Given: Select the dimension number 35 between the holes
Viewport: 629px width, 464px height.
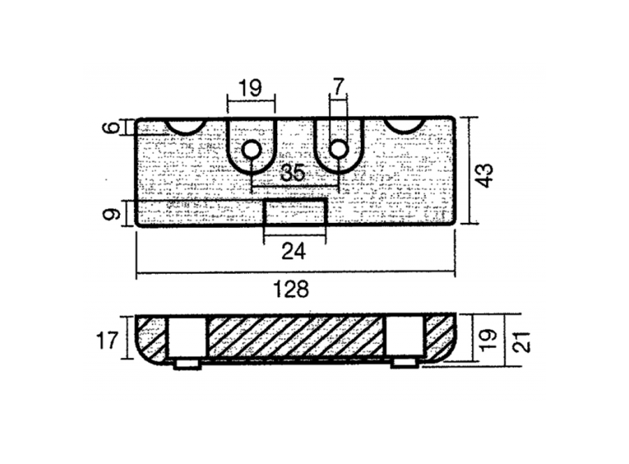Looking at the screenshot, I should coord(293,174).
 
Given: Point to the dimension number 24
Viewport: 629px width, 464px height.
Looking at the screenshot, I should coord(294,251).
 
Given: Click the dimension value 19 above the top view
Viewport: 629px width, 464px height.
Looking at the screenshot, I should coord(250,88).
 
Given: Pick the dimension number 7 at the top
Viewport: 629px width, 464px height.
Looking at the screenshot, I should coord(338,87).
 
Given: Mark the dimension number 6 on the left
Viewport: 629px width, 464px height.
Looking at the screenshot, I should coord(115,126).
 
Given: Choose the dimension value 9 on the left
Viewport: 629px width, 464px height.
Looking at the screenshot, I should coord(115,213).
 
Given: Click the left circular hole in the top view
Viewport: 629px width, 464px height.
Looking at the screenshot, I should coord(251,150).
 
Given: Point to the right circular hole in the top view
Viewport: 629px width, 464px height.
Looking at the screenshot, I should coord(338,149).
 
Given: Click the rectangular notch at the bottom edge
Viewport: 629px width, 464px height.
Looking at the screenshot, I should coord(295,212).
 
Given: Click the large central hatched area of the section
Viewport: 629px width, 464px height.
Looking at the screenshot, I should coord(295,336).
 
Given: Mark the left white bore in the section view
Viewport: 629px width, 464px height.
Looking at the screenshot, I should coord(187,337).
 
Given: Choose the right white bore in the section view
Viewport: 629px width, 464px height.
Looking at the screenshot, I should coord(403,337).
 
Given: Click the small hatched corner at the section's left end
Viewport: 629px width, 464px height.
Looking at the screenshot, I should coord(151,337).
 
